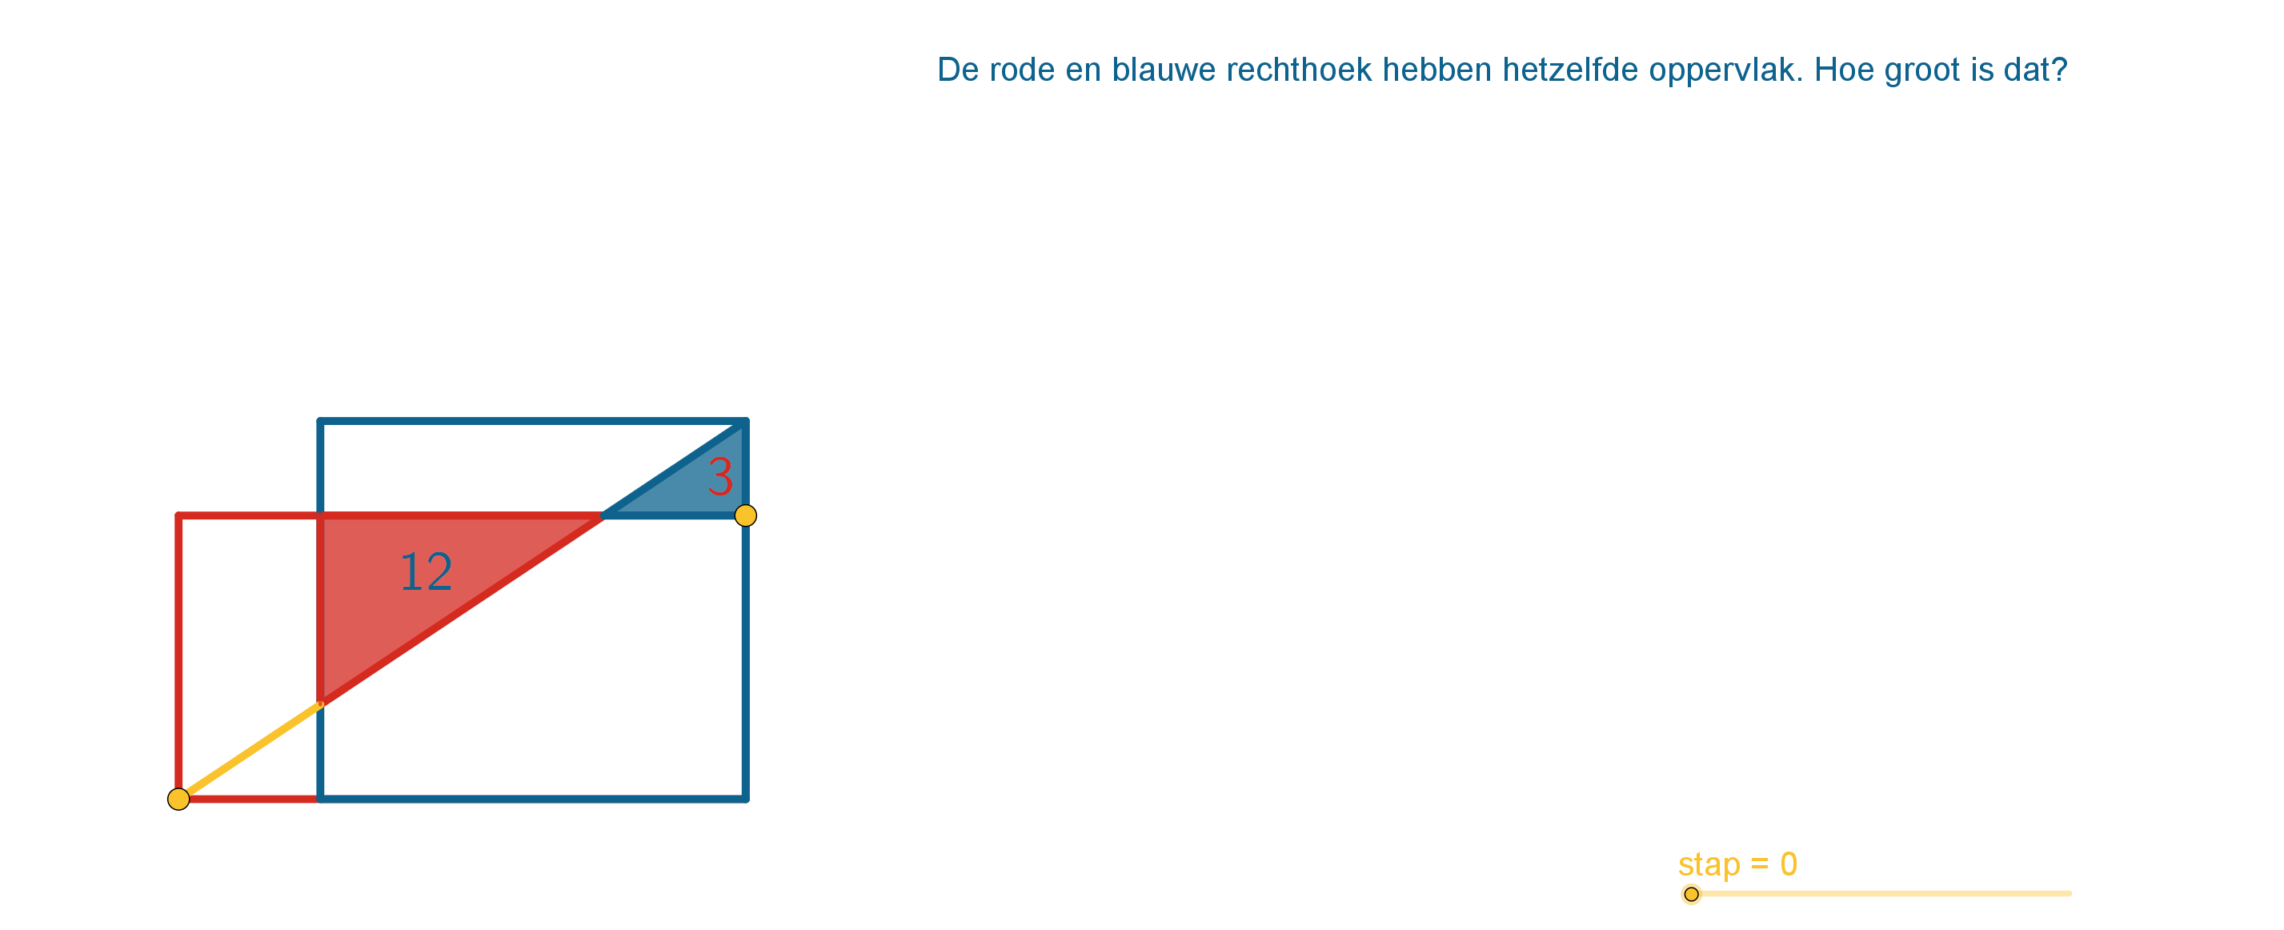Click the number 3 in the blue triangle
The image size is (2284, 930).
tap(721, 477)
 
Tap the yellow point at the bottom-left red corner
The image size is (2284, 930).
tap(178, 799)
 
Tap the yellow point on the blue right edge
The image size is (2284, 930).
tap(746, 515)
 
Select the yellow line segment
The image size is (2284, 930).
tap(249, 752)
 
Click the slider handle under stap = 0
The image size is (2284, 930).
tap(1692, 894)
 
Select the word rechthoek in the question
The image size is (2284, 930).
tap(1299, 70)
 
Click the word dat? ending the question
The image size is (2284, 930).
tap(2034, 70)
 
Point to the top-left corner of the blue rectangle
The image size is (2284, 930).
tap(320, 421)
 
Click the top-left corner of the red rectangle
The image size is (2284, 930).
tap(179, 515)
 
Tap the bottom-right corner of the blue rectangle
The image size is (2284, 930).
tap(746, 799)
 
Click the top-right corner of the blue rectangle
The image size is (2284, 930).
tap(746, 421)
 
